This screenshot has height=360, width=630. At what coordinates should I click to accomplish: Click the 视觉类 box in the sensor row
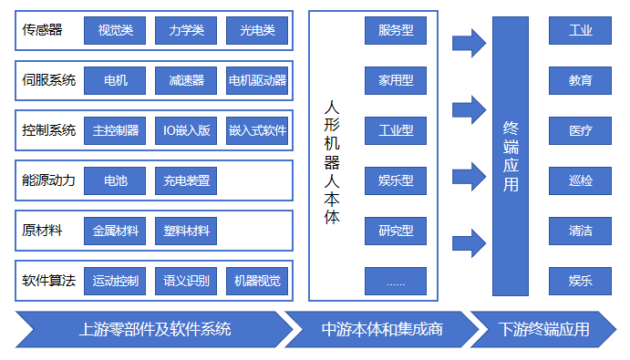pyautogui.click(x=115, y=32)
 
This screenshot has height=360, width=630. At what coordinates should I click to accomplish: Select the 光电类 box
pyautogui.click(x=257, y=32)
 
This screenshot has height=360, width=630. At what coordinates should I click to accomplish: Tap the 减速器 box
pyautogui.click(x=186, y=81)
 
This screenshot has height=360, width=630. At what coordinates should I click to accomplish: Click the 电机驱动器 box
pyautogui.click(x=257, y=81)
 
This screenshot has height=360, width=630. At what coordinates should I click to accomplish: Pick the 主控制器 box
pyautogui.click(x=115, y=131)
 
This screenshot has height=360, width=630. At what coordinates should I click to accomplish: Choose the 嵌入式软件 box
pyautogui.click(x=257, y=131)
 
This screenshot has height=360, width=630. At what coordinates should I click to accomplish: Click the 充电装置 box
pyautogui.click(x=186, y=180)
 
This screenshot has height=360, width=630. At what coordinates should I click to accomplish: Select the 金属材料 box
pyautogui.click(x=115, y=231)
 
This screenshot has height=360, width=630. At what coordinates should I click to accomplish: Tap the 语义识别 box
pyautogui.click(x=186, y=281)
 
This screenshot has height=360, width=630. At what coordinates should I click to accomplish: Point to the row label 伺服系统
pyautogui.click(x=48, y=81)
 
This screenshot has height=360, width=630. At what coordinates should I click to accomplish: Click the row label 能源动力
pyautogui.click(x=48, y=180)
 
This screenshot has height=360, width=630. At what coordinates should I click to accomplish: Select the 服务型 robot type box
pyautogui.click(x=395, y=30)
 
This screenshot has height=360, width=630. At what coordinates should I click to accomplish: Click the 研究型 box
pyautogui.click(x=395, y=231)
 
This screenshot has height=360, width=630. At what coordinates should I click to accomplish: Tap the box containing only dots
pyautogui.click(x=395, y=281)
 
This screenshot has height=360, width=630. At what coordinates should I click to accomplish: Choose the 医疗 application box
pyautogui.click(x=580, y=130)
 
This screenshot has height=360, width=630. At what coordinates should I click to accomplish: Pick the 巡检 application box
pyautogui.click(x=580, y=180)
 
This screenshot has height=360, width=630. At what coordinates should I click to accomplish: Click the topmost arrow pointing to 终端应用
pyautogui.click(x=469, y=42)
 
